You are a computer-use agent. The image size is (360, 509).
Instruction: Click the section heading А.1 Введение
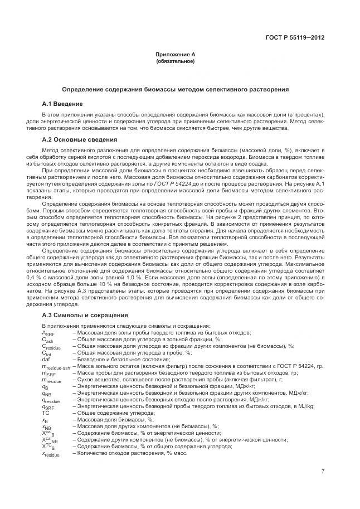(x=62, y=104)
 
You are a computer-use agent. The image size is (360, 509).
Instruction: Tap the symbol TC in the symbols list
(x=45, y=413)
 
